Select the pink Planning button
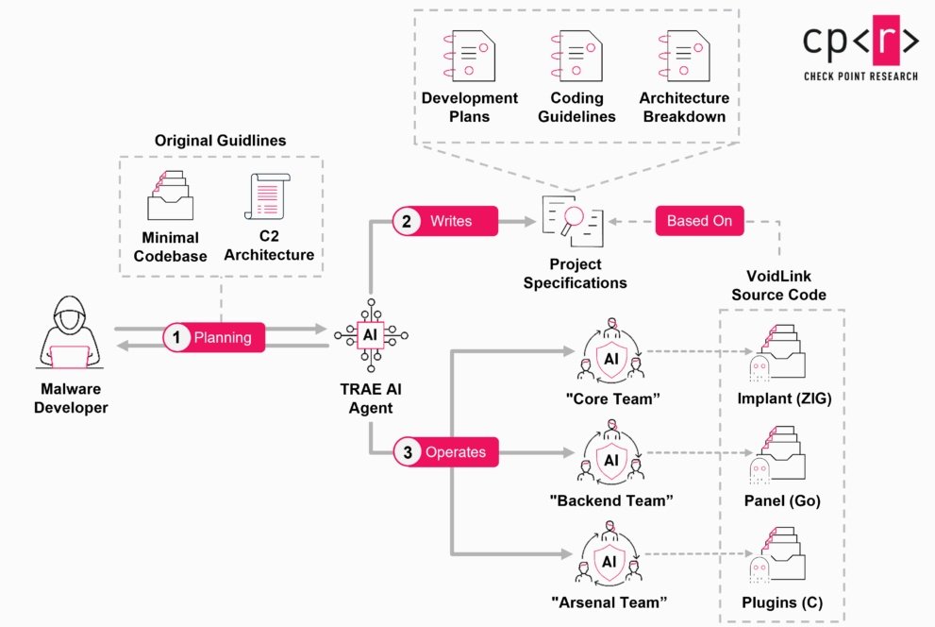213,336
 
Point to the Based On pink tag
699,221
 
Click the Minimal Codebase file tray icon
170,195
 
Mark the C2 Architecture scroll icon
267,195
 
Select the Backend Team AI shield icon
610,459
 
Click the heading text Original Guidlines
221,141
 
